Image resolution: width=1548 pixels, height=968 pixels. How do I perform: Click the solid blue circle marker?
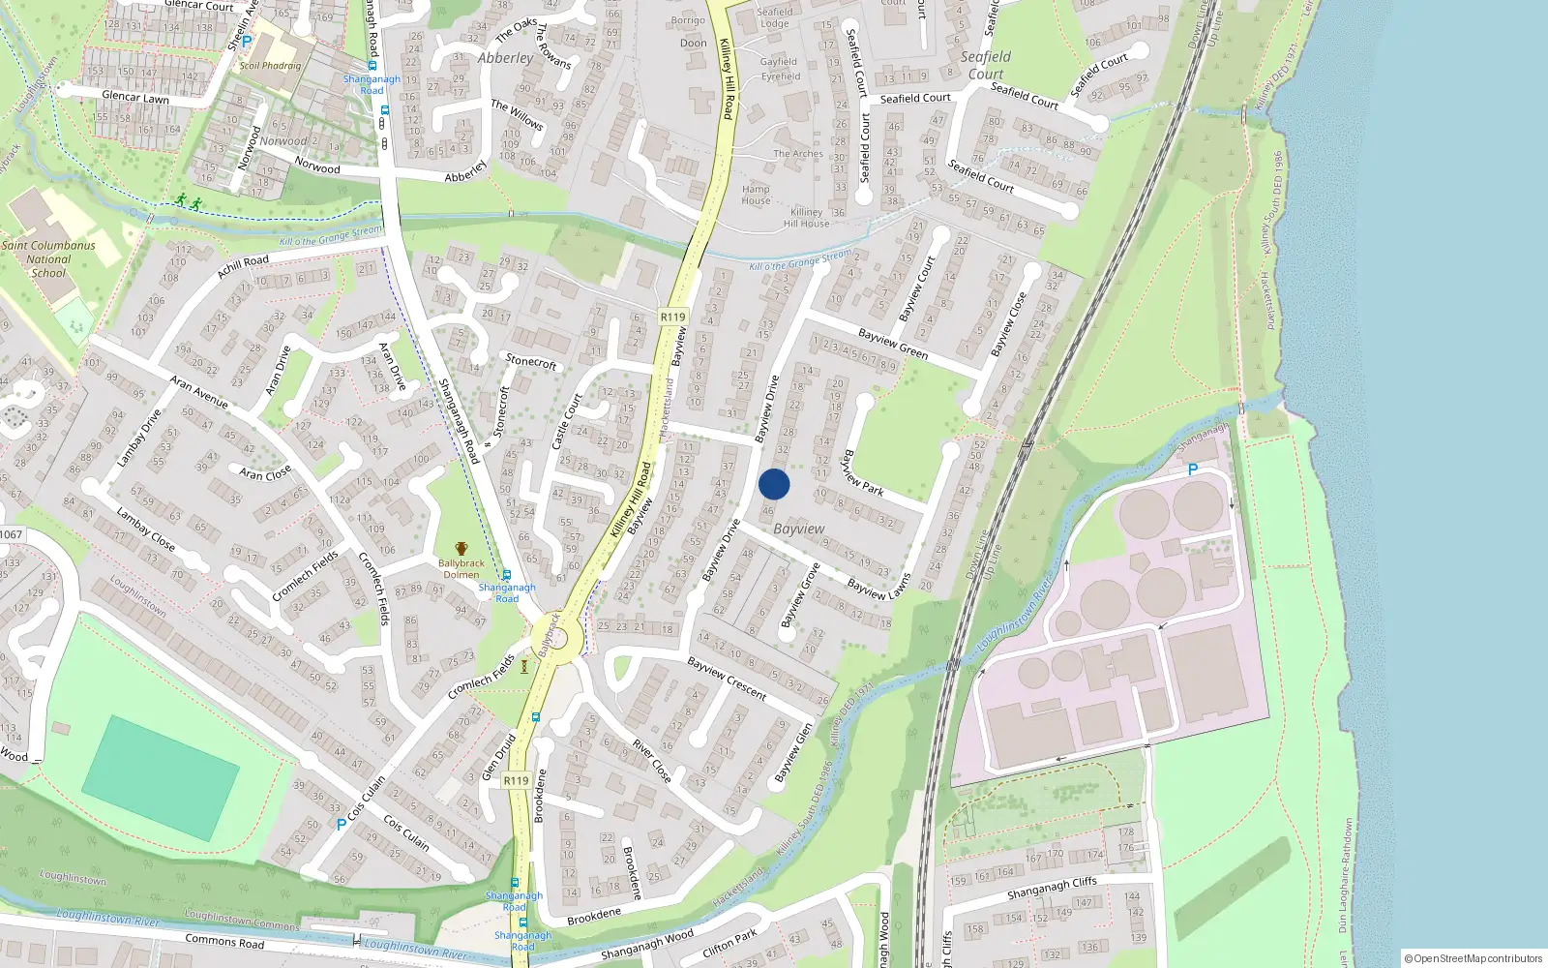774,485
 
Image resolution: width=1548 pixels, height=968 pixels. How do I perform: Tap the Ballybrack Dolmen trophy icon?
461,549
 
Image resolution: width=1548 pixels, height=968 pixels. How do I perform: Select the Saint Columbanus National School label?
48,259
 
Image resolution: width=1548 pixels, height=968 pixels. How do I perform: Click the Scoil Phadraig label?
270,66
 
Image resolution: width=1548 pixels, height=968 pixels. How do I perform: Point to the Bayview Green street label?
893,344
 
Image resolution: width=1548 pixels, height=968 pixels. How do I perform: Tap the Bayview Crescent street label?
727,679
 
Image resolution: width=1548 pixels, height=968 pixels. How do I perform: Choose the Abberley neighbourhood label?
505,58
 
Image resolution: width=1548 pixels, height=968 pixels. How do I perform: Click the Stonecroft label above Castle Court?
531,361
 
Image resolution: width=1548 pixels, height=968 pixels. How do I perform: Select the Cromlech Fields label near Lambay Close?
306,576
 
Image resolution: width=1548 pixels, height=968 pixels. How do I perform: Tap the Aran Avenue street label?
199,391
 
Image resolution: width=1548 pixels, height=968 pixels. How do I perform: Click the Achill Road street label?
243,266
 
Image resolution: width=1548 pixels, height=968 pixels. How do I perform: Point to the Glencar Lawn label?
135,98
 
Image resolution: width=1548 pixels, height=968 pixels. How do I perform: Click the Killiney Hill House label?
806,218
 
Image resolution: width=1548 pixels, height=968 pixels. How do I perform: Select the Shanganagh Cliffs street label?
1052,888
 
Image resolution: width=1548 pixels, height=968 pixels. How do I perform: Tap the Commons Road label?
224,942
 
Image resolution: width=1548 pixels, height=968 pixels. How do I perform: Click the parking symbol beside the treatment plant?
1193,469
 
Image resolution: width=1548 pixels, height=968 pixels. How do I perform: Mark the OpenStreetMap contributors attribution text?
1474,958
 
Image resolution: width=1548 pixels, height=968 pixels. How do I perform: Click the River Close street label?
651,762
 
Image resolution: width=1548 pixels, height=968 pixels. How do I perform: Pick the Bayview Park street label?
863,472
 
